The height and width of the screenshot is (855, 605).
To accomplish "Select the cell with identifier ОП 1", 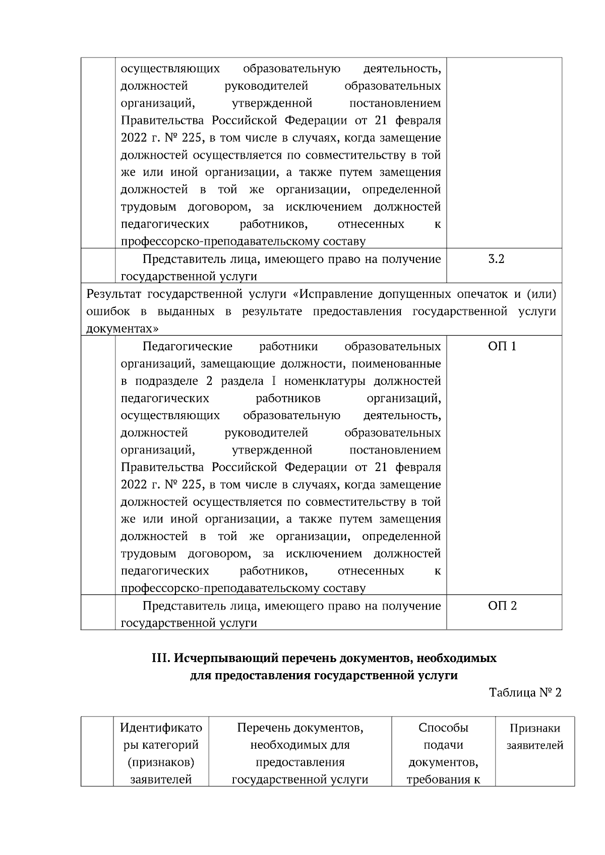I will point(502,347).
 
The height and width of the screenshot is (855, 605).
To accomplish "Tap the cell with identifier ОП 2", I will point(502,606).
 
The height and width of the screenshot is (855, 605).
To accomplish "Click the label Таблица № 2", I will point(525,692).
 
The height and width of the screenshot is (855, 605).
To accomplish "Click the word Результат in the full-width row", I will point(113,294).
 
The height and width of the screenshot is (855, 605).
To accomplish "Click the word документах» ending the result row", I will point(123,329).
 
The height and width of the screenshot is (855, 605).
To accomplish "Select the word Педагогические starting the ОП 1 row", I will point(188,347).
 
